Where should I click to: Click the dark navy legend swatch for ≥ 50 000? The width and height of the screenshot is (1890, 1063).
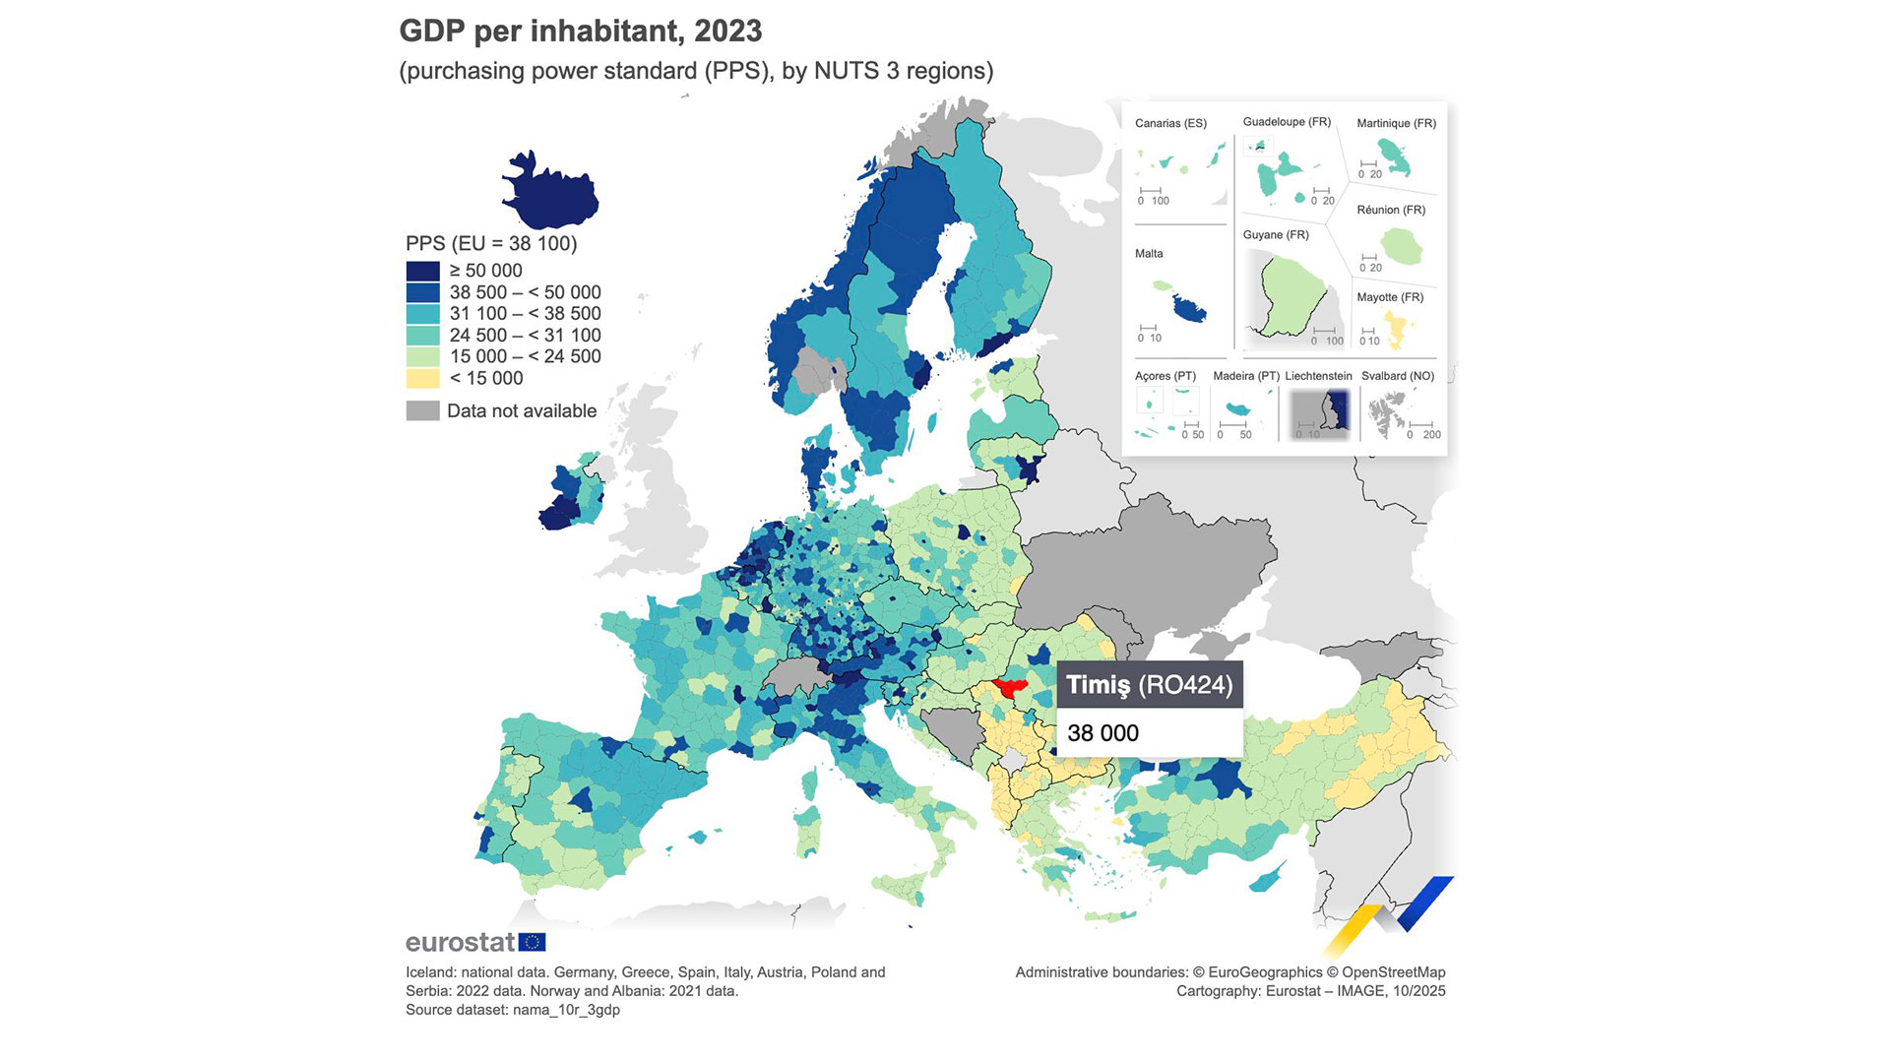tap(422, 271)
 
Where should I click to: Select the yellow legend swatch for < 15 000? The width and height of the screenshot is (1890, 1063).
tap(422, 378)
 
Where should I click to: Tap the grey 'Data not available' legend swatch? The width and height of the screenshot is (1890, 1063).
tap(422, 410)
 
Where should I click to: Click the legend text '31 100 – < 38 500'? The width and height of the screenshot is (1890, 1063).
tap(525, 314)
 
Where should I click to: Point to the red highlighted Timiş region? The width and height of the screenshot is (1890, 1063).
tap(1010, 686)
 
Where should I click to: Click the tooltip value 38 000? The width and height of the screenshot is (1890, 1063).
tap(1102, 733)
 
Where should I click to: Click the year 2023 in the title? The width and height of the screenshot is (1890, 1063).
tap(727, 31)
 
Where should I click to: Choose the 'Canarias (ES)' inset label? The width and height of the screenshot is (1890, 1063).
tap(1170, 124)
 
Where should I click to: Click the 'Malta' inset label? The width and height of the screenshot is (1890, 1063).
tap(1149, 254)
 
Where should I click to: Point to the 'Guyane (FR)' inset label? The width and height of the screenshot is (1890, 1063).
tap(1276, 235)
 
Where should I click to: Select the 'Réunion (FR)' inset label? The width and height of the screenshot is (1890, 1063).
tap(1391, 211)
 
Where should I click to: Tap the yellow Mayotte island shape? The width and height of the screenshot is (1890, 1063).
tap(1396, 326)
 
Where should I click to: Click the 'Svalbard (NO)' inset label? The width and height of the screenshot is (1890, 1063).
tap(1398, 376)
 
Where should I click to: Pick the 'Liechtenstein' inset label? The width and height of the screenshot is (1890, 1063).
tap(1318, 376)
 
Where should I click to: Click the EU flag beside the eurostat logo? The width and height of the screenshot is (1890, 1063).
tap(532, 942)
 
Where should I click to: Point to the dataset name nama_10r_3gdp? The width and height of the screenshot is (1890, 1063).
tap(566, 1010)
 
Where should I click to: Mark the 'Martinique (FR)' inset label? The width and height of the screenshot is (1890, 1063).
tap(1396, 124)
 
